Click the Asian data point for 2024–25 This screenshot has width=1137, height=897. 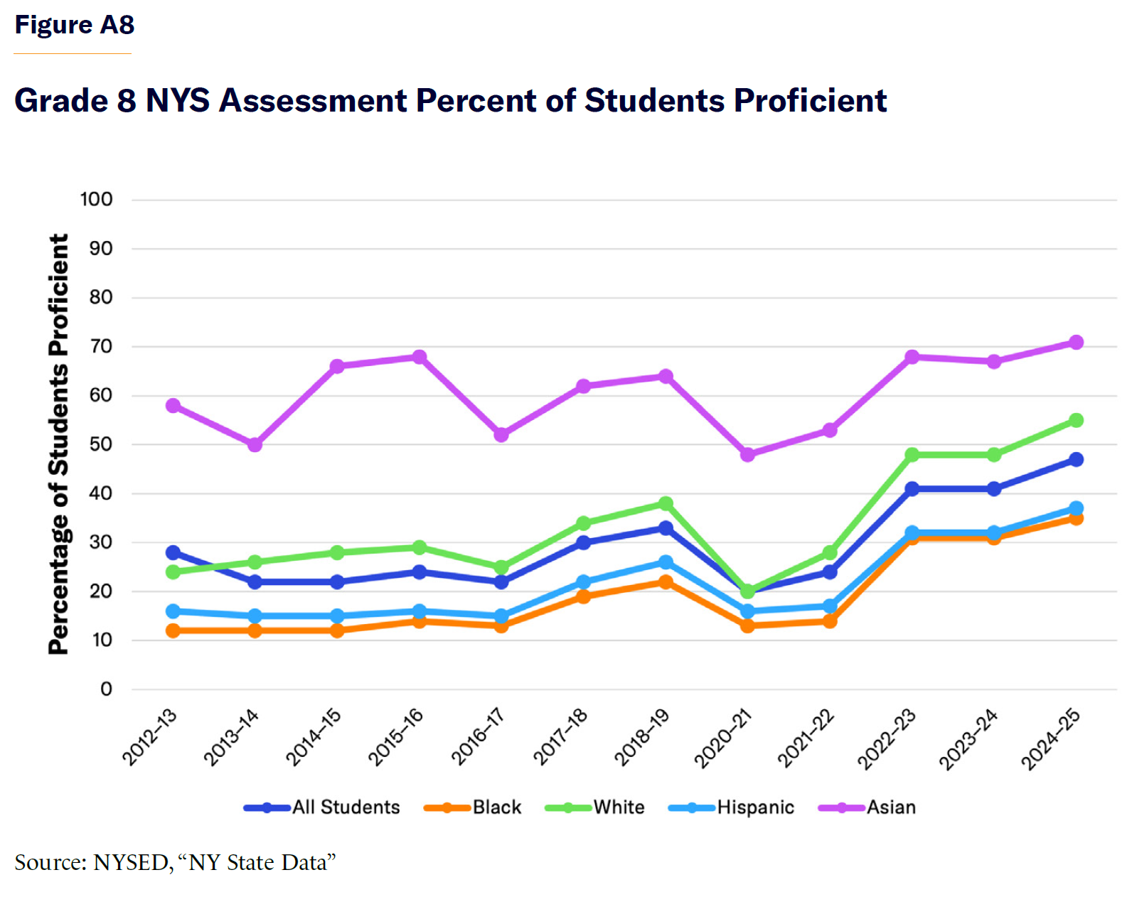[x=1076, y=343]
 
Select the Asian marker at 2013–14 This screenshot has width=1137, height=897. [x=255, y=445]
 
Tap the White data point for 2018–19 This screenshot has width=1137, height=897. [x=666, y=504]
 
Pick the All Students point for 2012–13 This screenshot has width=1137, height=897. [x=173, y=553]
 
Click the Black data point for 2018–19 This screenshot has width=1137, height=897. [x=666, y=582]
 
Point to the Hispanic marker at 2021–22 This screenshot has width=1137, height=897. [x=830, y=606]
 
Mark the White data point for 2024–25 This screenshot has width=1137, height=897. [x=1076, y=421]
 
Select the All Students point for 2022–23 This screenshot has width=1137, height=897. [x=912, y=489]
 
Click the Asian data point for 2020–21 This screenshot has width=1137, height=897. [x=747, y=455]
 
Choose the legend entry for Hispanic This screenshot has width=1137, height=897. [x=755, y=807]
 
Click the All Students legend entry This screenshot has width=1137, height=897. [x=346, y=807]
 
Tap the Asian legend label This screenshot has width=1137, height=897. [x=891, y=807]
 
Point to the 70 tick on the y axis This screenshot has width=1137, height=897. [x=101, y=347]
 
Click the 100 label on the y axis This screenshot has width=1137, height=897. [x=96, y=200]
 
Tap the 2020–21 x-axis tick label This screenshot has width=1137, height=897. [x=723, y=738]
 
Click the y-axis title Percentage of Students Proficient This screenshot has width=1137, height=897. [x=58, y=444]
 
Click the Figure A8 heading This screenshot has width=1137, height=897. [x=75, y=25]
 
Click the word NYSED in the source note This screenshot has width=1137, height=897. [x=132, y=862]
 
